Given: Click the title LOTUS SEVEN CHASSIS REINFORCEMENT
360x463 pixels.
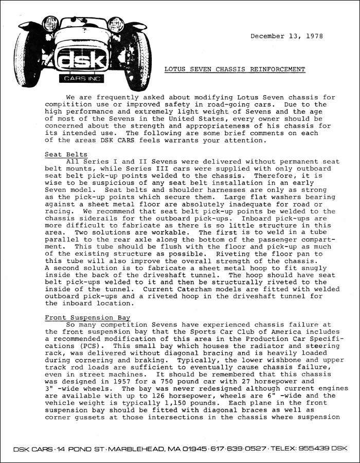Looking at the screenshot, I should [235, 69].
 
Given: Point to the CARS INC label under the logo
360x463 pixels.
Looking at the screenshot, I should [83, 79].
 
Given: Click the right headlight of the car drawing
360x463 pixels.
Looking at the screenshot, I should [116, 23].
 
